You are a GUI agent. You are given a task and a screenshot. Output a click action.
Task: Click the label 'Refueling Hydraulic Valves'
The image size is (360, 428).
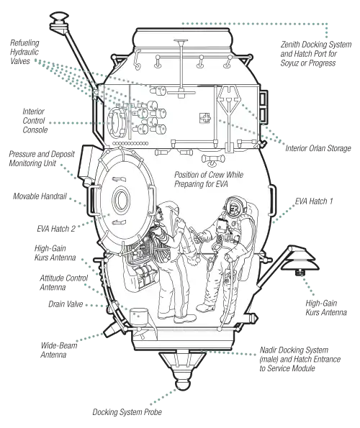click(24, 52)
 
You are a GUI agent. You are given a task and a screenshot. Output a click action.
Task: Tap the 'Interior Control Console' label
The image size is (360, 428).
click(35, 121)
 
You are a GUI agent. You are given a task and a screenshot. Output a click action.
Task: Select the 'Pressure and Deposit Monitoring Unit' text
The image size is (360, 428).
click(42, 158)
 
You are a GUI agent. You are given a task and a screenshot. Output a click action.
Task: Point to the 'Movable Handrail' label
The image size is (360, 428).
click(40, 196)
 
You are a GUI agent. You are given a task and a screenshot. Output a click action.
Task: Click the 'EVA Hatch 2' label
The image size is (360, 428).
click(56, 229)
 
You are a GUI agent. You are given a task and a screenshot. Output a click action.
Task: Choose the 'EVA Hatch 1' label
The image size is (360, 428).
click(314, 201)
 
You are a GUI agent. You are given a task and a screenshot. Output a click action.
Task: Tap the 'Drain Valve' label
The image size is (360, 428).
click(66, 304)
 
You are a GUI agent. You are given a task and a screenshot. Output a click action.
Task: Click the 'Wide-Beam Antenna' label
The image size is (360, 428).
click(59, 350)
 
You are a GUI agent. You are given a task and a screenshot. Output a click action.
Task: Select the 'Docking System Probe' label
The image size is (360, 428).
click(127, 412)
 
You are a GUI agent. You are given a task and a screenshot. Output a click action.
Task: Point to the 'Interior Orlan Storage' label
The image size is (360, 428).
click(318, 148)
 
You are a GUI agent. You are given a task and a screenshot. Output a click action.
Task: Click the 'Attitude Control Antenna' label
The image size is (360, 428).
click(63, 283)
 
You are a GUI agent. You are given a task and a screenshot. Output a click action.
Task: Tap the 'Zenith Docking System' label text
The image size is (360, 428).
click(316, 45)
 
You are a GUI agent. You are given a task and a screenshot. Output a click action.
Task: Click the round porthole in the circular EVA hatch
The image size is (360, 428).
click(120, 200)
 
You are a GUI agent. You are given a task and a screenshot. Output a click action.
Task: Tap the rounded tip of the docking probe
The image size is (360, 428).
click(182, 384)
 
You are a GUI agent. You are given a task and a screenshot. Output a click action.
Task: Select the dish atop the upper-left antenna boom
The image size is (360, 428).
click(59, 16)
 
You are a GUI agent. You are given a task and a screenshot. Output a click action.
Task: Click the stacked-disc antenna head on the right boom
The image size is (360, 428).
click(300, 259)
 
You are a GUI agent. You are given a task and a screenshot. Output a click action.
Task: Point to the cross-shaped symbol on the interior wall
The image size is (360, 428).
click(205, 118)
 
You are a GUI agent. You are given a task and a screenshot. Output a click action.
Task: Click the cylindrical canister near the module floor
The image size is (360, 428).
click(139, 317)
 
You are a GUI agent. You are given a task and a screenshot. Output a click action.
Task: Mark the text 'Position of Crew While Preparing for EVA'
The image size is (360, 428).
click(208, 179)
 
